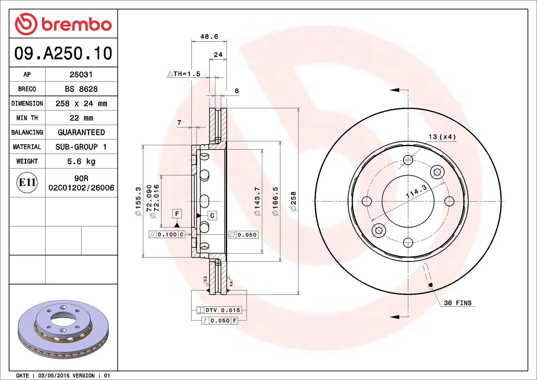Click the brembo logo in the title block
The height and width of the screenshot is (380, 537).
point(63,24)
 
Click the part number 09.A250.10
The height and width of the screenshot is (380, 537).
point(63,53)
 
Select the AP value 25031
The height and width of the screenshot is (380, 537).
point(81,75)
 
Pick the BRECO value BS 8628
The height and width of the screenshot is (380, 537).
point(81,89)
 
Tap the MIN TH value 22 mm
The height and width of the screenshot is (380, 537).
point(81,118)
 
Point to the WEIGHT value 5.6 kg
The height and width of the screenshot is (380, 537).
point(81,161)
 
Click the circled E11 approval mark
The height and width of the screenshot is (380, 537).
point(27,183)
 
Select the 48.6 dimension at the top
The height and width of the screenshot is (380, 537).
point(209,37)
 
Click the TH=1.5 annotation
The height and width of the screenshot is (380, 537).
point(184,74)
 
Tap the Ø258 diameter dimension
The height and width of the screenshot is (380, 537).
point(293,201)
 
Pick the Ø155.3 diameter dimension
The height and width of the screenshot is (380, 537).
point(138,201)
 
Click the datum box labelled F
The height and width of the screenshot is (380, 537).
point(177,214)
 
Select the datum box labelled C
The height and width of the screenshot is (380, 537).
point(212,216)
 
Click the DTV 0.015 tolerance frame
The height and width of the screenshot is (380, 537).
point(219,310)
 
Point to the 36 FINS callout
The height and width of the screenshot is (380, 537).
point(458,303)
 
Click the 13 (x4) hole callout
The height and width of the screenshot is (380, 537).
point(442,137)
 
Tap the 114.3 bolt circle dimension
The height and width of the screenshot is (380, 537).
point(416,191)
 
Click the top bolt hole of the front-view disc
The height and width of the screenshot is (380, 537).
point(408,160)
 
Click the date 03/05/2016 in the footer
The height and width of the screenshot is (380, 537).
point(54,376)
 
